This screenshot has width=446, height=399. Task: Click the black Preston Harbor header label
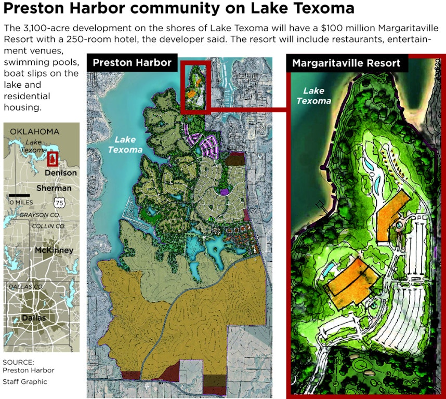132,63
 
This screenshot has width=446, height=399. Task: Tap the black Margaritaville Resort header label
346,63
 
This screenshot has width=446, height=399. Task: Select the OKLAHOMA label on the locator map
35,131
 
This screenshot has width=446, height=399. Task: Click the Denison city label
61,172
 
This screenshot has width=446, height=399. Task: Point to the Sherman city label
54,188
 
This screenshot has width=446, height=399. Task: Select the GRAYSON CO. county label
40,215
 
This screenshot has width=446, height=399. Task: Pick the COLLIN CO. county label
48,227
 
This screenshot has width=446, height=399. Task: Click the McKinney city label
54,250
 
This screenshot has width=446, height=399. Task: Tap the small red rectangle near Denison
53,158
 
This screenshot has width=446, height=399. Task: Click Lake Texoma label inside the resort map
314,96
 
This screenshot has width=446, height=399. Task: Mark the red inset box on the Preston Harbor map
196,86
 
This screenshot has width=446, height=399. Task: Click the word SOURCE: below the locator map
18,362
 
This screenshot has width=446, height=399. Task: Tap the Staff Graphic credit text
25,382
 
